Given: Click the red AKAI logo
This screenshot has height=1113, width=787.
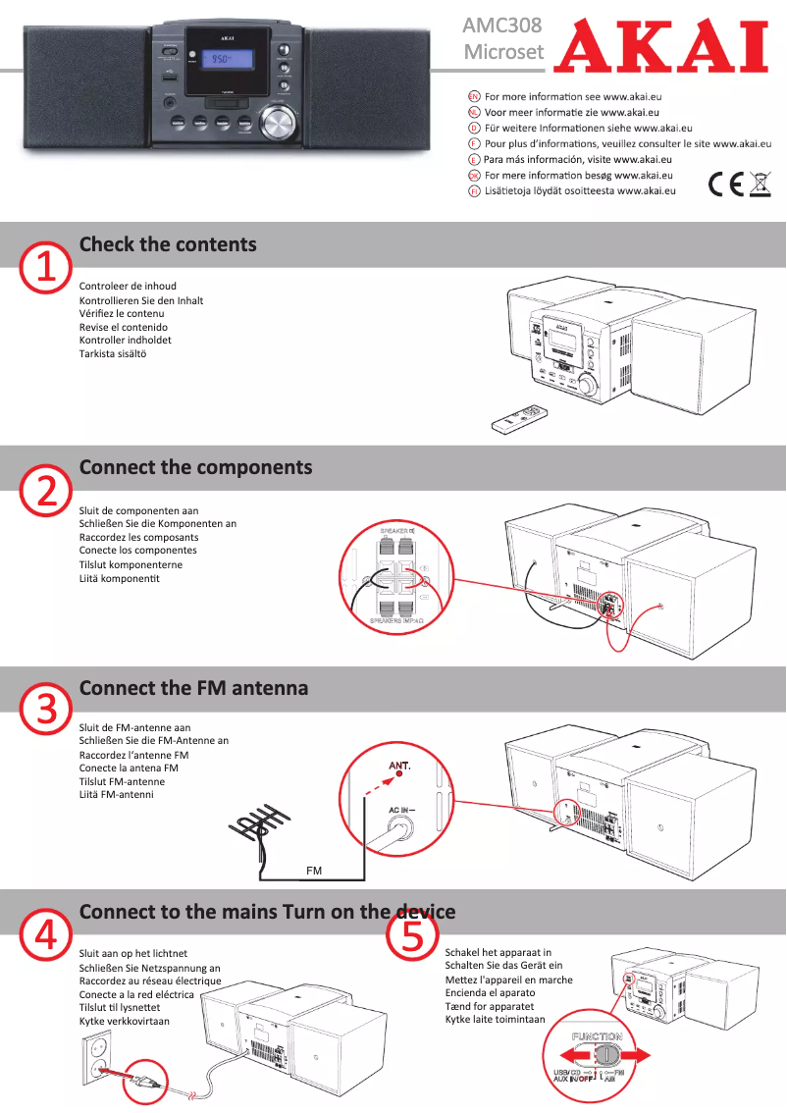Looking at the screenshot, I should click(660, 45).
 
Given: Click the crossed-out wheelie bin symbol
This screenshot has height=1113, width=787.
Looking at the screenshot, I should click(760, 184).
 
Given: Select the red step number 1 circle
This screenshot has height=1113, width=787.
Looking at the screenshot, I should click(46, 266).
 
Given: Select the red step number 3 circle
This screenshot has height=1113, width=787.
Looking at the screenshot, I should click(46, 710).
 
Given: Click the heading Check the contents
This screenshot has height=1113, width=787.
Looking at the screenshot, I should click(167, 244).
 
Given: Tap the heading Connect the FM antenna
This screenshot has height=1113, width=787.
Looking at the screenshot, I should click(193, 688).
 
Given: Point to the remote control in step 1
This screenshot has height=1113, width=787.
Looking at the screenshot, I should click(522, 418).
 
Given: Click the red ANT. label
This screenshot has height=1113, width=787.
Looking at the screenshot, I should click(399, 765).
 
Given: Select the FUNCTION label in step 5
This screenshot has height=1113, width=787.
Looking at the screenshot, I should click(598, 1036).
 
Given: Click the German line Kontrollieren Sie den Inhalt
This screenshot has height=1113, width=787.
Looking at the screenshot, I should click(141, 300).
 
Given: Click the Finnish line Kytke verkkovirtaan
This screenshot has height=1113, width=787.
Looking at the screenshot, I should click(125, 1021).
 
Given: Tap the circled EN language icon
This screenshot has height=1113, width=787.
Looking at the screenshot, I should click(474, 96).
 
